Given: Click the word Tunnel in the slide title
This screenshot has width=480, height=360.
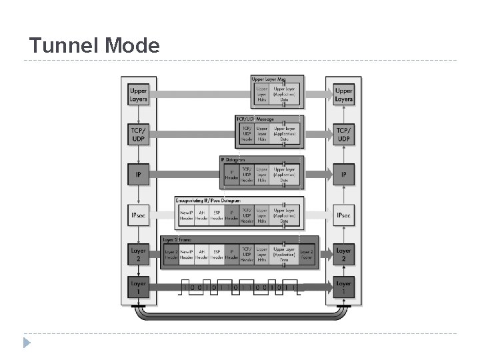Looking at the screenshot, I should coord(63,45).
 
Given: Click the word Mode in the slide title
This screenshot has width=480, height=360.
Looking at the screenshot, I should coord(131,45).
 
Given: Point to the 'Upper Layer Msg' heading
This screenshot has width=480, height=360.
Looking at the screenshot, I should coord(268,79).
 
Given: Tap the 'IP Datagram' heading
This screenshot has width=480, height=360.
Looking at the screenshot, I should coord(233,160).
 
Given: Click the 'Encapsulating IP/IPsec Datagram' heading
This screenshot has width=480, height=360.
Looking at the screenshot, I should coord(207,200).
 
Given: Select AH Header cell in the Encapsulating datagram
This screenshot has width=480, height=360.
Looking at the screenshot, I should coord(202,215).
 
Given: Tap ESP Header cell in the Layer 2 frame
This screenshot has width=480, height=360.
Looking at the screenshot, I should coord(217,255).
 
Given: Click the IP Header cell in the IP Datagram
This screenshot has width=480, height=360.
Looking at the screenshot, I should coord(231,175).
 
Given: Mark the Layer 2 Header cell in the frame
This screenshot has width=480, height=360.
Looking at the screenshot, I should coord(171,255).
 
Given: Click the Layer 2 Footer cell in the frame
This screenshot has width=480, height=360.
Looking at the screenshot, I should coord(307,255).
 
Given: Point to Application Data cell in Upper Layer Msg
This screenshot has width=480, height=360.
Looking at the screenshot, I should coord(284,94).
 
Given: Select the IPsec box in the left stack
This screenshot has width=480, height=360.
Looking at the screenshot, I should coord(138,215).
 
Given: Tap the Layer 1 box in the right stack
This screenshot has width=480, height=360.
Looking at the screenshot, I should coord(343,287).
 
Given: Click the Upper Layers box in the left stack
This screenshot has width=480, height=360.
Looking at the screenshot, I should coord(138,95).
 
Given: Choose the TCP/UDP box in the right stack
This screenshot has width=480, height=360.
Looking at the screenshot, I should coord(343,135).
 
